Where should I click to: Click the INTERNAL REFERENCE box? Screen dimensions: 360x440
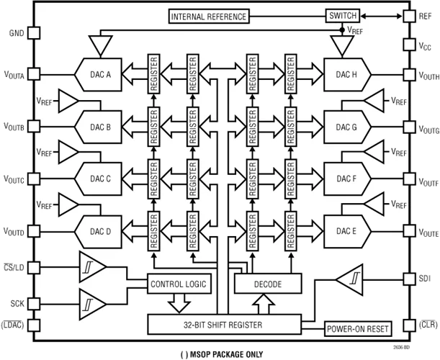tap(209, 17)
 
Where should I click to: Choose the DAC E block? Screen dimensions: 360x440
tap(346, 231)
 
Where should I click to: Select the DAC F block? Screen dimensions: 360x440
tap(346, 179)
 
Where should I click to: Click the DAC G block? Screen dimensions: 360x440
tap(346, 126)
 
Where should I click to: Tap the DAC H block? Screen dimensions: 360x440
tap(346, 73)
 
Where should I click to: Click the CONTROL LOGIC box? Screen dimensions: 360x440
tap(178, 284)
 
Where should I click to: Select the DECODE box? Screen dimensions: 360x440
tap(267, 284)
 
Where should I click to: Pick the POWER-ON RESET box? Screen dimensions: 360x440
tap(358, 329)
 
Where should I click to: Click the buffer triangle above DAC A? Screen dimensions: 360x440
tap(100, 45)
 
